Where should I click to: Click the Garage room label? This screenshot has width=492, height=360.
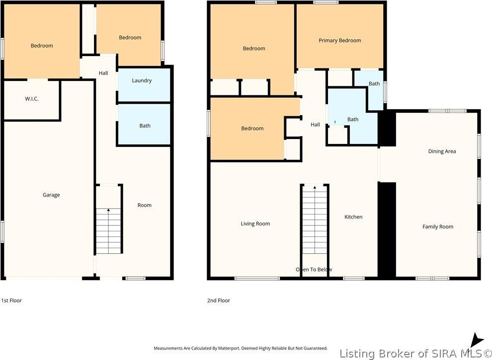51,195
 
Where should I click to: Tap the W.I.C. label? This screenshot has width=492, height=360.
32,99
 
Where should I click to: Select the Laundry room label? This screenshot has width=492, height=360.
142,80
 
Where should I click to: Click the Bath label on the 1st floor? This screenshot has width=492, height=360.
145,126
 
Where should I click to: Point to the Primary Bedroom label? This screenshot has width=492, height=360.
339,40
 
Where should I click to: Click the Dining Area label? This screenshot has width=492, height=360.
442,151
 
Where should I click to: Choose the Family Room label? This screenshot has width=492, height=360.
438,227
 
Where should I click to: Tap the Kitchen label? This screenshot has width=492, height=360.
353,217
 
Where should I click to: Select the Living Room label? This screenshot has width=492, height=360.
255,224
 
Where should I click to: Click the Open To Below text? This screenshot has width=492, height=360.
314,270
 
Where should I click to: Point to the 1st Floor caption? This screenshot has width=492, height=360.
11,300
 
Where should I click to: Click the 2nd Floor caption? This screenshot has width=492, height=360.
219,300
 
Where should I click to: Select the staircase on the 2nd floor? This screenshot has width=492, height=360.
315,223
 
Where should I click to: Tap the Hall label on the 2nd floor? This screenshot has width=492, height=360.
315,125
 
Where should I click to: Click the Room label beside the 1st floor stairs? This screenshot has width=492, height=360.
145,205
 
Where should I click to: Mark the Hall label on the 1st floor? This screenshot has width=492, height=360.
103,73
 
